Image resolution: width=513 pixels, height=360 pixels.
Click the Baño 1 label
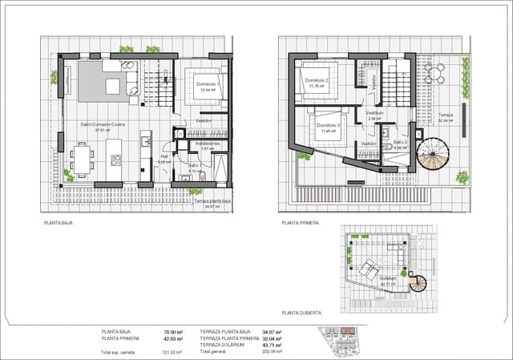coord(195,165)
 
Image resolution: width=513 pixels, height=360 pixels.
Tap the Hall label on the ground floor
coord(164,157)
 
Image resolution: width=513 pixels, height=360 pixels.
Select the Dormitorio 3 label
coord(328,125)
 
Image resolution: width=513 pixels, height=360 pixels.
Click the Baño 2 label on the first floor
coord(401,142)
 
